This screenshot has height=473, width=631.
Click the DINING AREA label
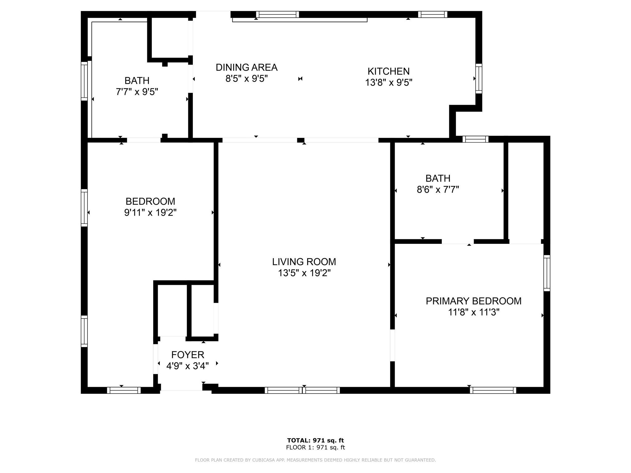pos(246,67)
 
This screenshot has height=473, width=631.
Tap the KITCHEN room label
pos(389,71)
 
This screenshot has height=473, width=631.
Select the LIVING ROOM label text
pos(304,262)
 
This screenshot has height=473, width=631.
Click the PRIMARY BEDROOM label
pos(474,301)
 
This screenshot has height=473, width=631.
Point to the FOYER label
pos(188,355)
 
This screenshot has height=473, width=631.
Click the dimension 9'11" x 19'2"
pos(150,213)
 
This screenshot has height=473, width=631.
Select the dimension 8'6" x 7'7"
pos(438,190)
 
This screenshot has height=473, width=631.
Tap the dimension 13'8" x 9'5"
pos(389,83)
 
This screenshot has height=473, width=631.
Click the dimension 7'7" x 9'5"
pos(137,92)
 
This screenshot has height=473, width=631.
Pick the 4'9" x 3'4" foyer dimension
pos(188,366)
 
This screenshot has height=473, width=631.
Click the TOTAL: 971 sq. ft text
pos(315,440)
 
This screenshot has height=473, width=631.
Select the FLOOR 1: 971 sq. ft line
pos(315,448)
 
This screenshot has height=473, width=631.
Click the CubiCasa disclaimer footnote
pos(315,460)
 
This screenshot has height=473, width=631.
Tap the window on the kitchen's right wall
pos(478,79)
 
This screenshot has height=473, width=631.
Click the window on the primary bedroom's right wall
pos(547,273)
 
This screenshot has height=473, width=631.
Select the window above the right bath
pos(475,139)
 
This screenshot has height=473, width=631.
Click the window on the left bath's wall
pos(84,81)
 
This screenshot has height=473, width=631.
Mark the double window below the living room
pos(302,390)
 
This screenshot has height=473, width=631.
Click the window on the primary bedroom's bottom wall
pos(493,390)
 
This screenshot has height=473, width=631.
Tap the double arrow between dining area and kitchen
pos(300,79)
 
